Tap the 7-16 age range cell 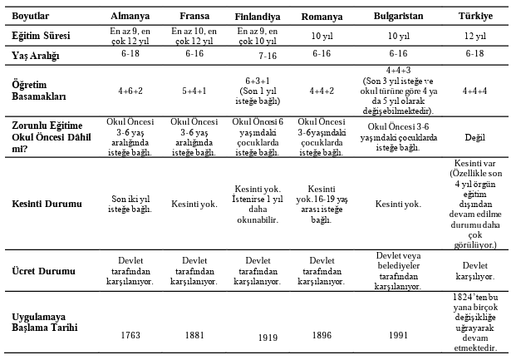267,57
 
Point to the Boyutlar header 30,17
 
